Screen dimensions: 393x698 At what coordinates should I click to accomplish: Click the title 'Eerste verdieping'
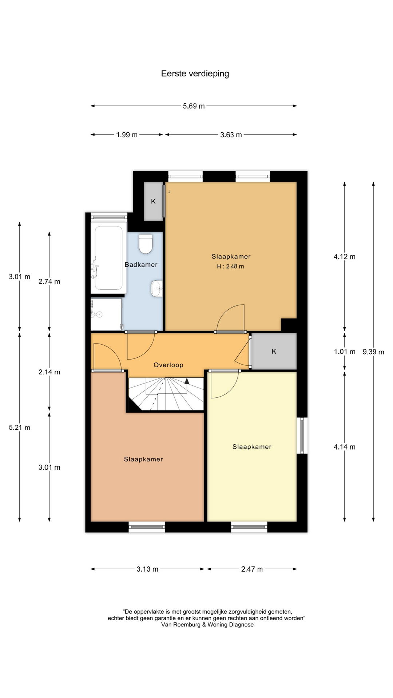(x=195, y=73)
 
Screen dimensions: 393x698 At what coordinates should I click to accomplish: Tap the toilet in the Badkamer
(x=146, y=244)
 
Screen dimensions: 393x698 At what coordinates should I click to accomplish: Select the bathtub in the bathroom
(x=108, y=258)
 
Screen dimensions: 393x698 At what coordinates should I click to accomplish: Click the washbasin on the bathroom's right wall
(x=157, y=288)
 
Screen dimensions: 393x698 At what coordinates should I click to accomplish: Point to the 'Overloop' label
(x=168, y=365)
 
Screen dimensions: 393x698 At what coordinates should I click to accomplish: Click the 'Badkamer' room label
(x=141, y=265)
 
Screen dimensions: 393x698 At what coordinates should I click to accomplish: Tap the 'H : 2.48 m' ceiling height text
(x=230, y=266)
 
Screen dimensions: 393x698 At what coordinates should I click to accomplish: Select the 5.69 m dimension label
(x=194, y=106)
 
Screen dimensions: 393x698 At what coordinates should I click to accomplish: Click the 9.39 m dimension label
(x=373, y=352)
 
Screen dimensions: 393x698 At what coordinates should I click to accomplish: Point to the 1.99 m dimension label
(x=127, y=135)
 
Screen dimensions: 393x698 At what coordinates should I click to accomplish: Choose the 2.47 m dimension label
(x=252, y=569)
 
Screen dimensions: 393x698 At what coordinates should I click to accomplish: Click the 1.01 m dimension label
(x=345, y=352)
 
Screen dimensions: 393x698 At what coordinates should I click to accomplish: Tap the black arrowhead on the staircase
(x=187, y=381)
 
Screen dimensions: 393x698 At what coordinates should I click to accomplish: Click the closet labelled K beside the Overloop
(x=274, y=352)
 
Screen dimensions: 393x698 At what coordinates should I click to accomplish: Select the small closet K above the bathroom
(x=153, y=201)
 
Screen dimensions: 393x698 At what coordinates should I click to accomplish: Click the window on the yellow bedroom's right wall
(x=302, y=436)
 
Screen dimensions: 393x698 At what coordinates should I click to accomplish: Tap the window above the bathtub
(x=109, y=217)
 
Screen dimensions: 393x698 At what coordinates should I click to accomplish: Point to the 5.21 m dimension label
(x=20, y=428)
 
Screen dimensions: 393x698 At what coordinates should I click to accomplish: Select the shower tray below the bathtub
(x=106, y=314)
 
